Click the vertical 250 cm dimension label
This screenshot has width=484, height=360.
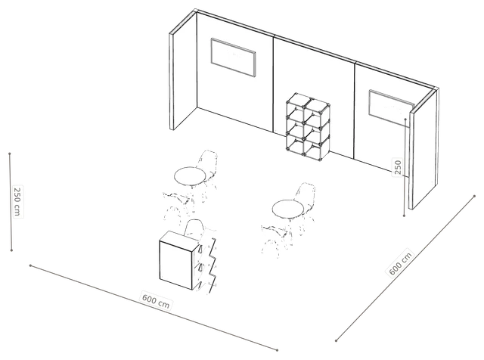(17, 202)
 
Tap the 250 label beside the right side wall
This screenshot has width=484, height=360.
(398, 167)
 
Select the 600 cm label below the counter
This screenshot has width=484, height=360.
(156, 299)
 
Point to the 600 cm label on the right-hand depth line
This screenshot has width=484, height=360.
(400, 263)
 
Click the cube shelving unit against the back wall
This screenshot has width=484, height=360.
(308, 126)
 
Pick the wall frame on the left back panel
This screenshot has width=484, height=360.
(234, 57)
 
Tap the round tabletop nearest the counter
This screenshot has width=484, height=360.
(190, 176)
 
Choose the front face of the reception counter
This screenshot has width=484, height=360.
(175, 265)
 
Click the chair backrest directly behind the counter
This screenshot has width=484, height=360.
(194, 228)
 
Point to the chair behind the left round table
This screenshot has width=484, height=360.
(207, 168)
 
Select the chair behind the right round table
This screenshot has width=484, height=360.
(305, 200)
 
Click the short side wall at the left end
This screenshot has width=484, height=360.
(183, 71)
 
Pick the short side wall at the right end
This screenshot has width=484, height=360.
(423, 148)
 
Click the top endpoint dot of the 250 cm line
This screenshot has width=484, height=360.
(10, 154)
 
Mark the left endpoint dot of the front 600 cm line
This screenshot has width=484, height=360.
(30, 265)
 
